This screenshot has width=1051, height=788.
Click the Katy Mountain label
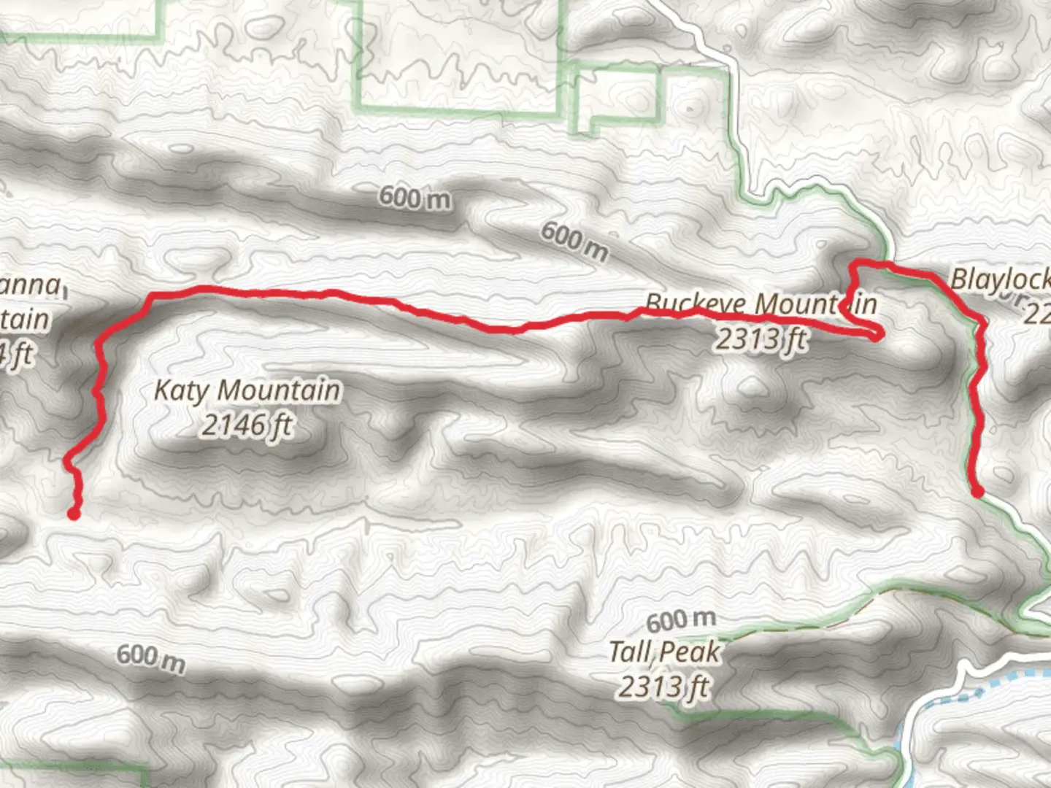247,390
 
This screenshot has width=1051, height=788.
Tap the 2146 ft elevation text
247,425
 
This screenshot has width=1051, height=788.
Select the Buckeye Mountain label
761,304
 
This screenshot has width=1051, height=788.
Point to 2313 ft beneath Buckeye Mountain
761,339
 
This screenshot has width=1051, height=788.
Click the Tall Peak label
664,652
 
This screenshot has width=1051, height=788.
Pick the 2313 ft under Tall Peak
664,686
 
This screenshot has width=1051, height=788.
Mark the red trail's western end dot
73,514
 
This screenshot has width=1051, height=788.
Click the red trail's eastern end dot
977,492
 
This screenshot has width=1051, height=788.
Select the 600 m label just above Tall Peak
680,620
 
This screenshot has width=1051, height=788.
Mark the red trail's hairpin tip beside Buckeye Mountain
878,336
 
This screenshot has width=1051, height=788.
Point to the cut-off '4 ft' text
18,355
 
